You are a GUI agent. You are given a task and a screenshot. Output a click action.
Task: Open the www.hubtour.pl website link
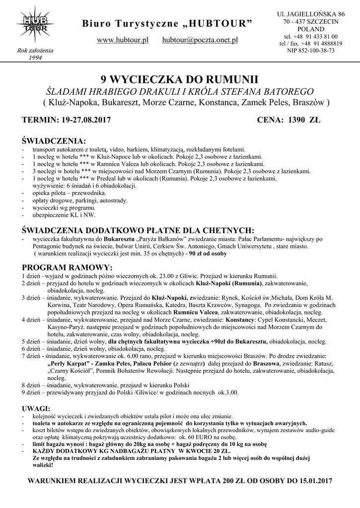click(123, 40)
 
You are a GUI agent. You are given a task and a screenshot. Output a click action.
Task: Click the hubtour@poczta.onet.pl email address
click(200, 40)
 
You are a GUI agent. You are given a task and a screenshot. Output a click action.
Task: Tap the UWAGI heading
click(37, 408)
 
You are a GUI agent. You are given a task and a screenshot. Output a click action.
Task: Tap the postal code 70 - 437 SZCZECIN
click(311, 21)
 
